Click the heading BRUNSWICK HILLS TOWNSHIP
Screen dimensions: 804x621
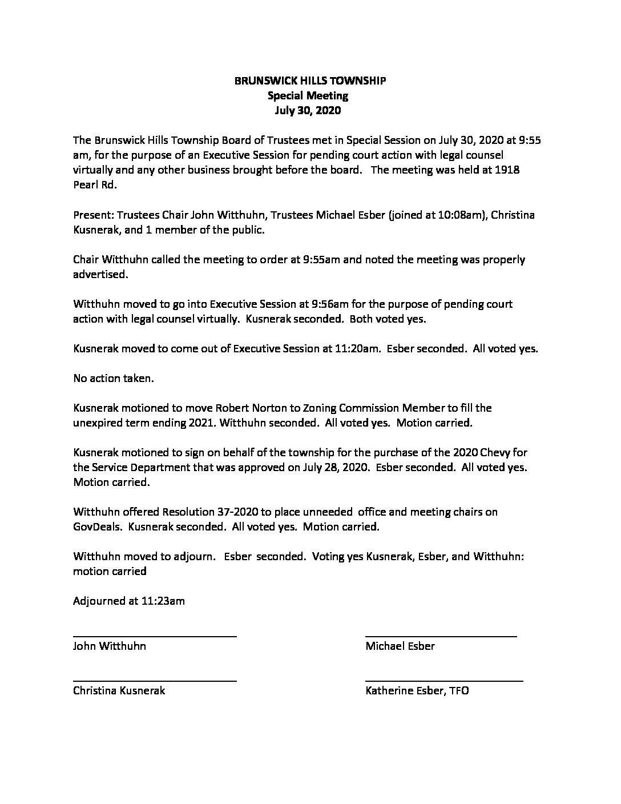310,81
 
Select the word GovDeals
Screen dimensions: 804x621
97,526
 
